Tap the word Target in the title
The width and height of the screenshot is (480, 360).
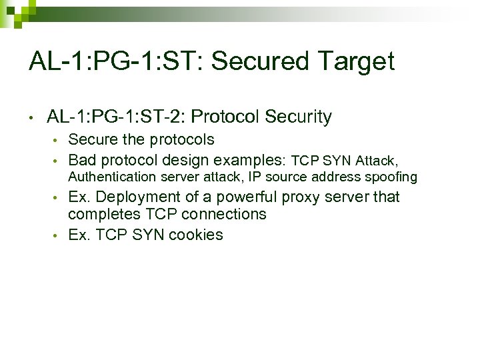coord(357,62)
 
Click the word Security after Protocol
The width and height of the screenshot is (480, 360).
coord(298,117)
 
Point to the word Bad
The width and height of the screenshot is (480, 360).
coord(82,160)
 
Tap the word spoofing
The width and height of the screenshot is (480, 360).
coord(393,177)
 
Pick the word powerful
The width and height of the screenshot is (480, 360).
coord(247,197)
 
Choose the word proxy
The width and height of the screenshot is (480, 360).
coord(301,197)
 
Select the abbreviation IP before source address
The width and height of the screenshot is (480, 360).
coord(254,177)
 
